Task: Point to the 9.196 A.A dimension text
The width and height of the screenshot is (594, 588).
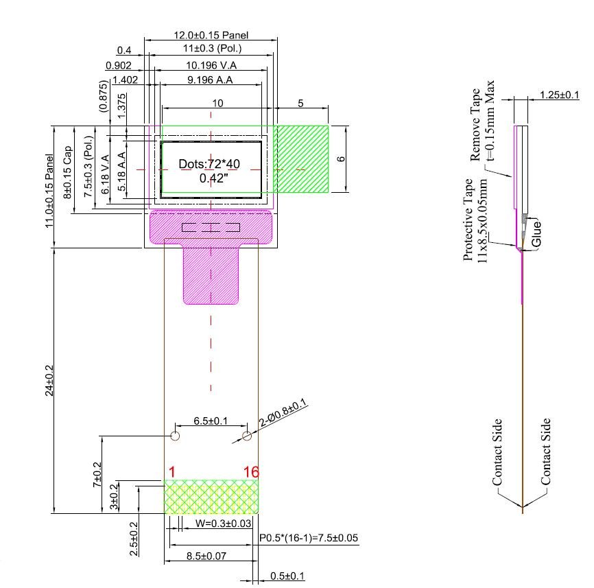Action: pyautogui.click(x=210, y=80)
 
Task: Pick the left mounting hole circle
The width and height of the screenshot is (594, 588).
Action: pyautogui.click(x=175, y=436)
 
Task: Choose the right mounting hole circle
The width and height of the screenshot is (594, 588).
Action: pyautogui.click(x=247, y=436)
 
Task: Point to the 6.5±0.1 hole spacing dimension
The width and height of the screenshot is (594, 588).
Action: pyautogui.click(x=211, y=421)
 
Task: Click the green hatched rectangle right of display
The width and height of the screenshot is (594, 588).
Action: pyautogui.click(x=302, y=158)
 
